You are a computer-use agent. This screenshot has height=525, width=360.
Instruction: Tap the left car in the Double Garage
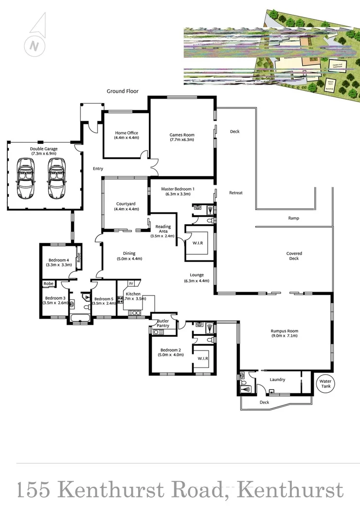click(x=25, y=177)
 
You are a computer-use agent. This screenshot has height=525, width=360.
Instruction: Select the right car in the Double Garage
click(x=56, y=177)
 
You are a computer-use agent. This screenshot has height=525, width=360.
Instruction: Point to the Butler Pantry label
click(x=163, y=323)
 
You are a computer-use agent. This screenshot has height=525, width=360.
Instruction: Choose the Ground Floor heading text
click(x=123, y=91)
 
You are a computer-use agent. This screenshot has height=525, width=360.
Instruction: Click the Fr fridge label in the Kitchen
click(x=131, y=283)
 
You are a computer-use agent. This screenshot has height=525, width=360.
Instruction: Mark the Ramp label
click(x=293, y=218)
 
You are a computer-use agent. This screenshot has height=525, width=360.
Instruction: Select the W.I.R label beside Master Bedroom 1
click(x=197, y=243)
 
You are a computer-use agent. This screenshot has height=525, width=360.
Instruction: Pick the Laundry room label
click(x=277, y=380)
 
